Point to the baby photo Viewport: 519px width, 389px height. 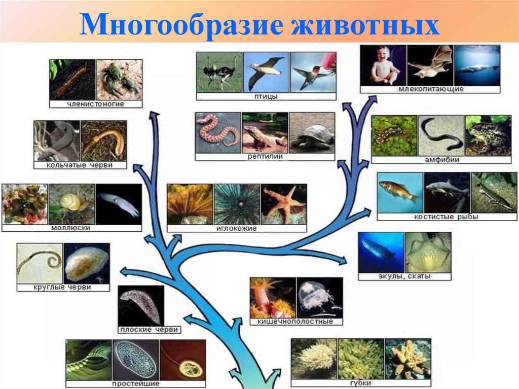pos(383,65)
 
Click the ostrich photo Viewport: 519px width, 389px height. pos(219,72)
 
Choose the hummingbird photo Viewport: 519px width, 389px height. pos(313,72)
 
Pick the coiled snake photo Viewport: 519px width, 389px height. pos(218,132)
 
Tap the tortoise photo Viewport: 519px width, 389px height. pos(311,132)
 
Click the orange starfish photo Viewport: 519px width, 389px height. pos(284,204)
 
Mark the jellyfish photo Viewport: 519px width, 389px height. pos(319,297)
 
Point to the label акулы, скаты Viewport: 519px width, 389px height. pos(404,277)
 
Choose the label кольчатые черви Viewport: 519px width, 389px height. pos(80,165)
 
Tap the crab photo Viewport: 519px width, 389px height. pos(119,80)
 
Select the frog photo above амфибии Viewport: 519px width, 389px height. pos(488,135)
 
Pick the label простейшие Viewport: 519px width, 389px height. pos(136,384)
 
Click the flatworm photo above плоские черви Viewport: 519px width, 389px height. pos(141,305)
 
